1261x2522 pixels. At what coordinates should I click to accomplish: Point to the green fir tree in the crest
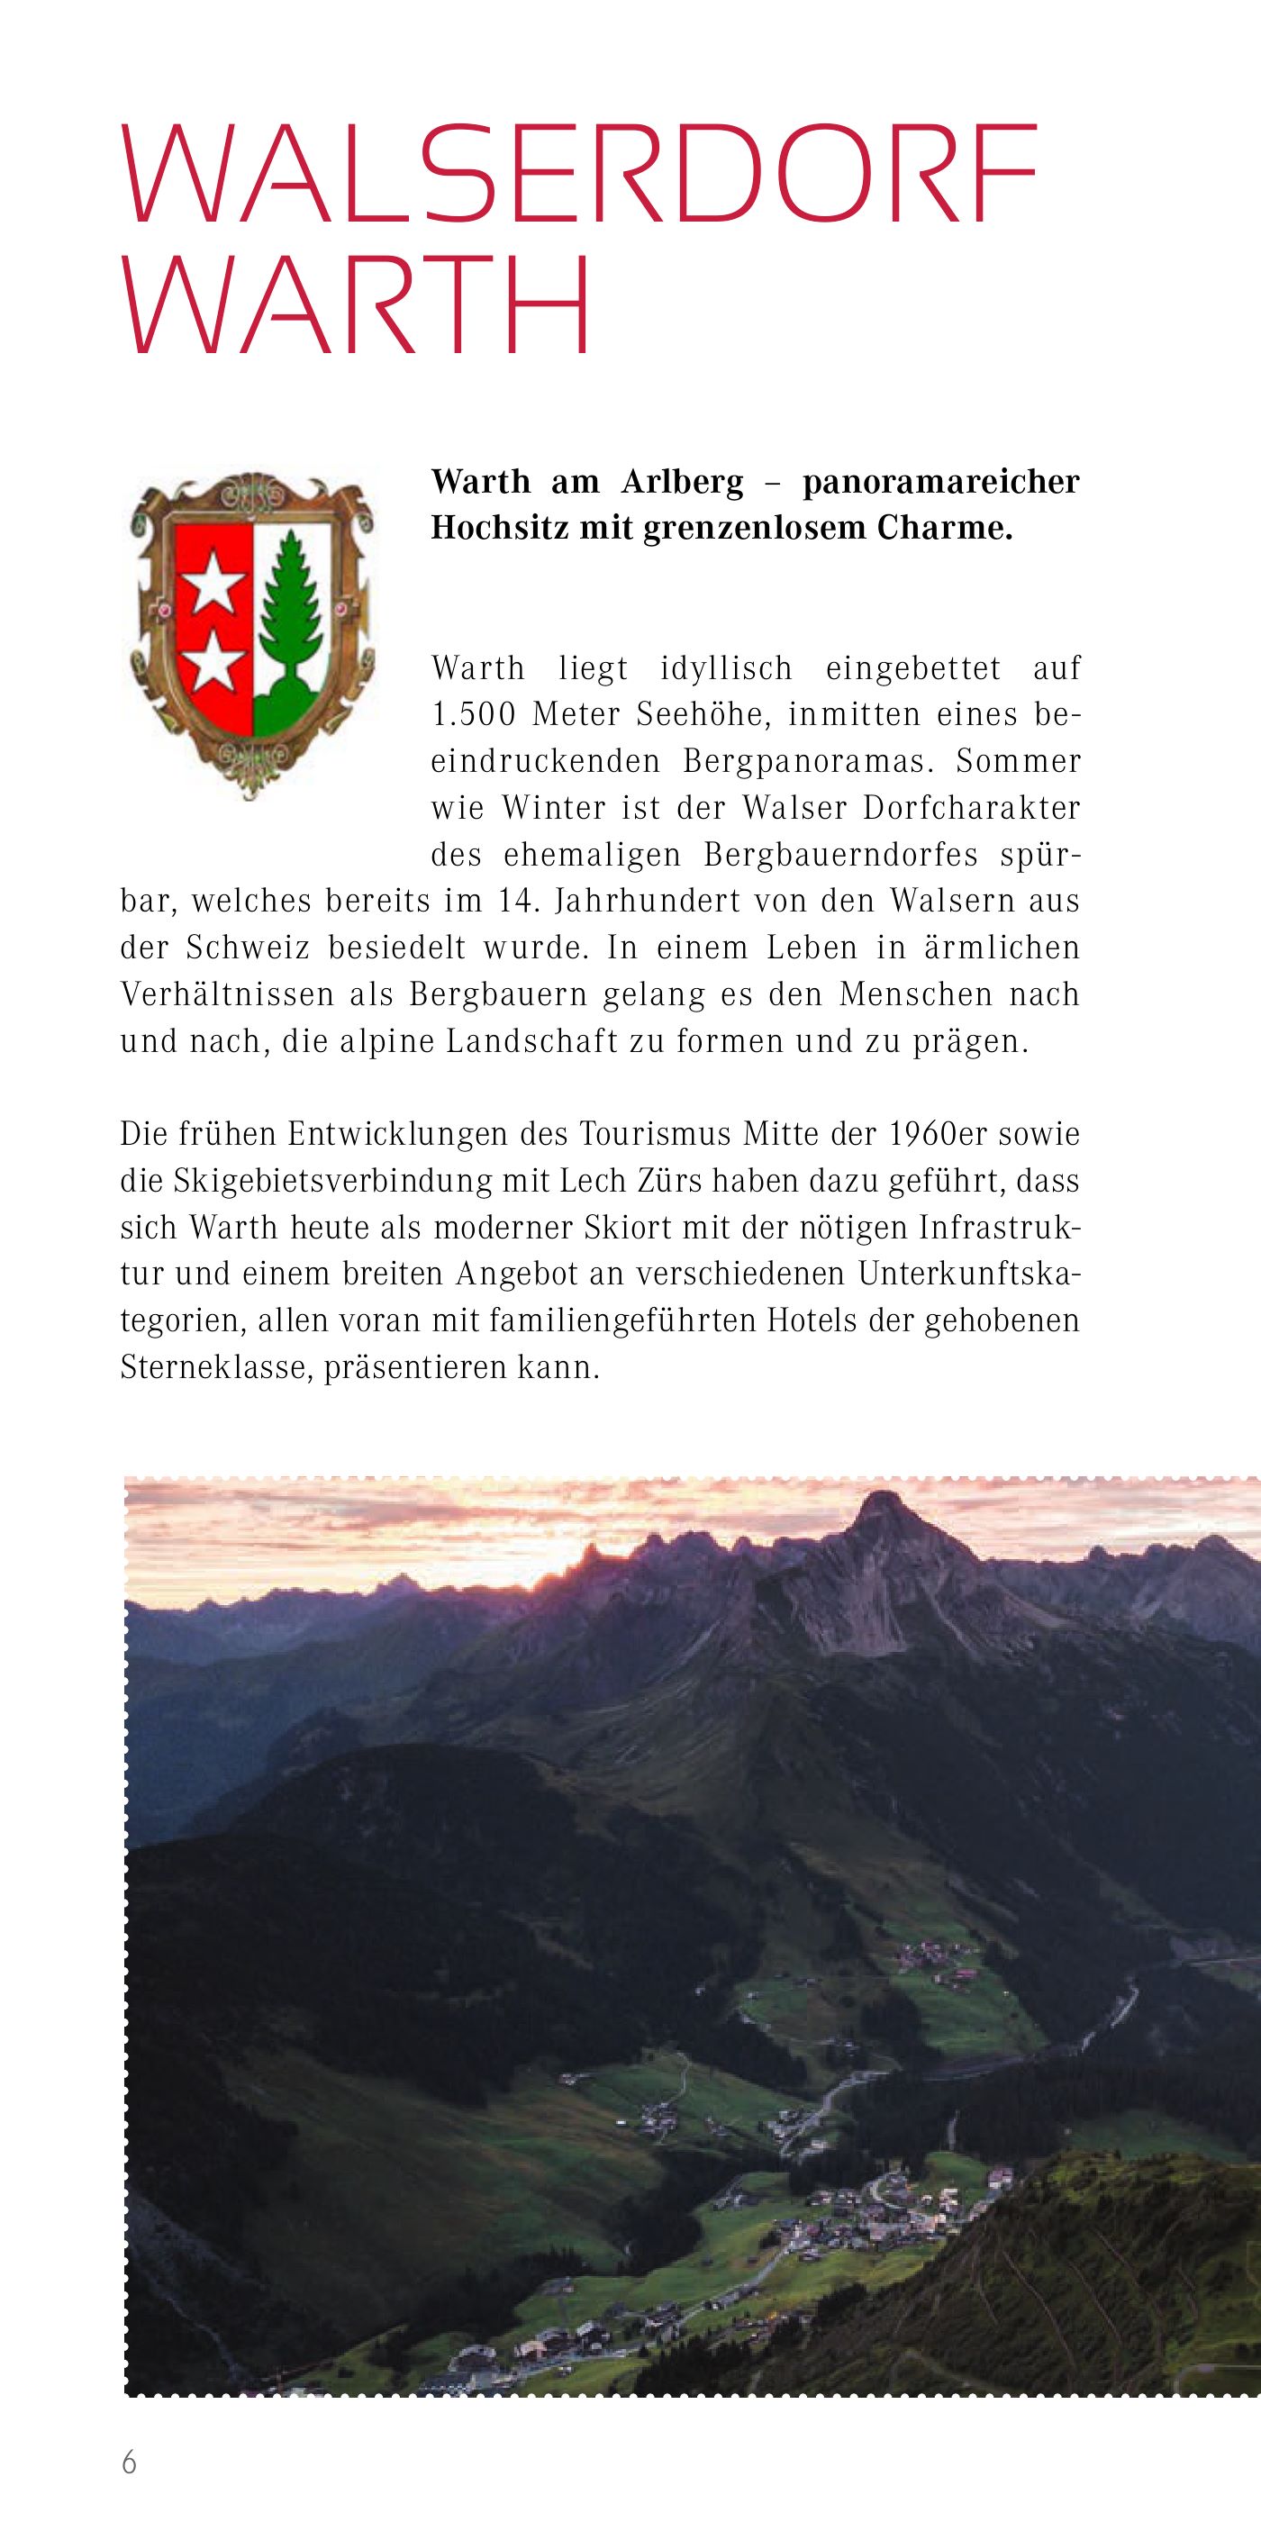pos(290,616)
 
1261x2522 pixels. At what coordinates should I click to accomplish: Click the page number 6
pos(129,2463)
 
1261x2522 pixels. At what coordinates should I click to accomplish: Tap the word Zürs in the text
pos(667,1182)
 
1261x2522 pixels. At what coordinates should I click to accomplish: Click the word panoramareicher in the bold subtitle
pos(939,483)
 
